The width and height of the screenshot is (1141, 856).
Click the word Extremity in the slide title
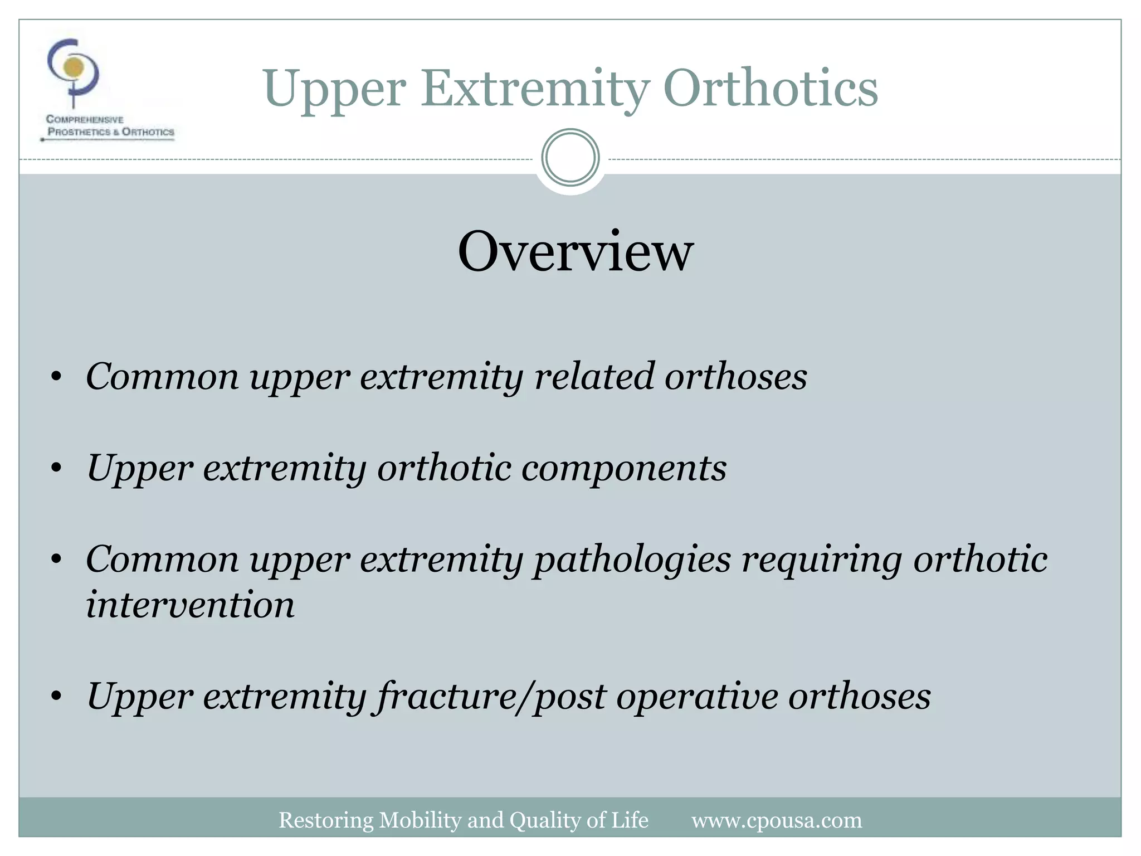[x=535, y=89]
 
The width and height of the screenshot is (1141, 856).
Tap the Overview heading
[x=575, y=252]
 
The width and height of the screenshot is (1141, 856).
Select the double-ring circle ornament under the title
[x=570, y=158]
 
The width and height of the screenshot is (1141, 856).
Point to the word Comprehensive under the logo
[x=85, y=119]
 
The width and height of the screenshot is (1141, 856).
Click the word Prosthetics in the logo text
[x=79, y=132]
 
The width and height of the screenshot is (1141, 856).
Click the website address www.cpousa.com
[x=776, y=820]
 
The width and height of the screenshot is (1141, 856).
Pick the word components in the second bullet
[x=623, y=468]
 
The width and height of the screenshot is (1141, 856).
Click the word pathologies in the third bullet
[x=632, y=560]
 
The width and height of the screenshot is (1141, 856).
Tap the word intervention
[x=190, y=605]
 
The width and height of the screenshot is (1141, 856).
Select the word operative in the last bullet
[x=696, y=696]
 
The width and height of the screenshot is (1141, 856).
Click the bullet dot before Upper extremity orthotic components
[x=56, y=469]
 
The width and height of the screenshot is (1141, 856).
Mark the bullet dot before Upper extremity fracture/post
[x=56, y=697]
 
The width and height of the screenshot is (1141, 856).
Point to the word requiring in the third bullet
[x=821, y=560]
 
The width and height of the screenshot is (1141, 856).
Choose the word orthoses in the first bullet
[x=735, y=376]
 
